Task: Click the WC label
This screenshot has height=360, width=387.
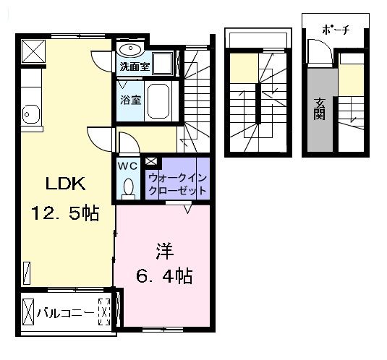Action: (127, 166)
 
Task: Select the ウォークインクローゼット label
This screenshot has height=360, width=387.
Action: (177, 183)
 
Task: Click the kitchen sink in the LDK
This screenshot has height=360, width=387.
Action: (30, 113)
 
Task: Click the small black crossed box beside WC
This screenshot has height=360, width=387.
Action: (150, 161)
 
